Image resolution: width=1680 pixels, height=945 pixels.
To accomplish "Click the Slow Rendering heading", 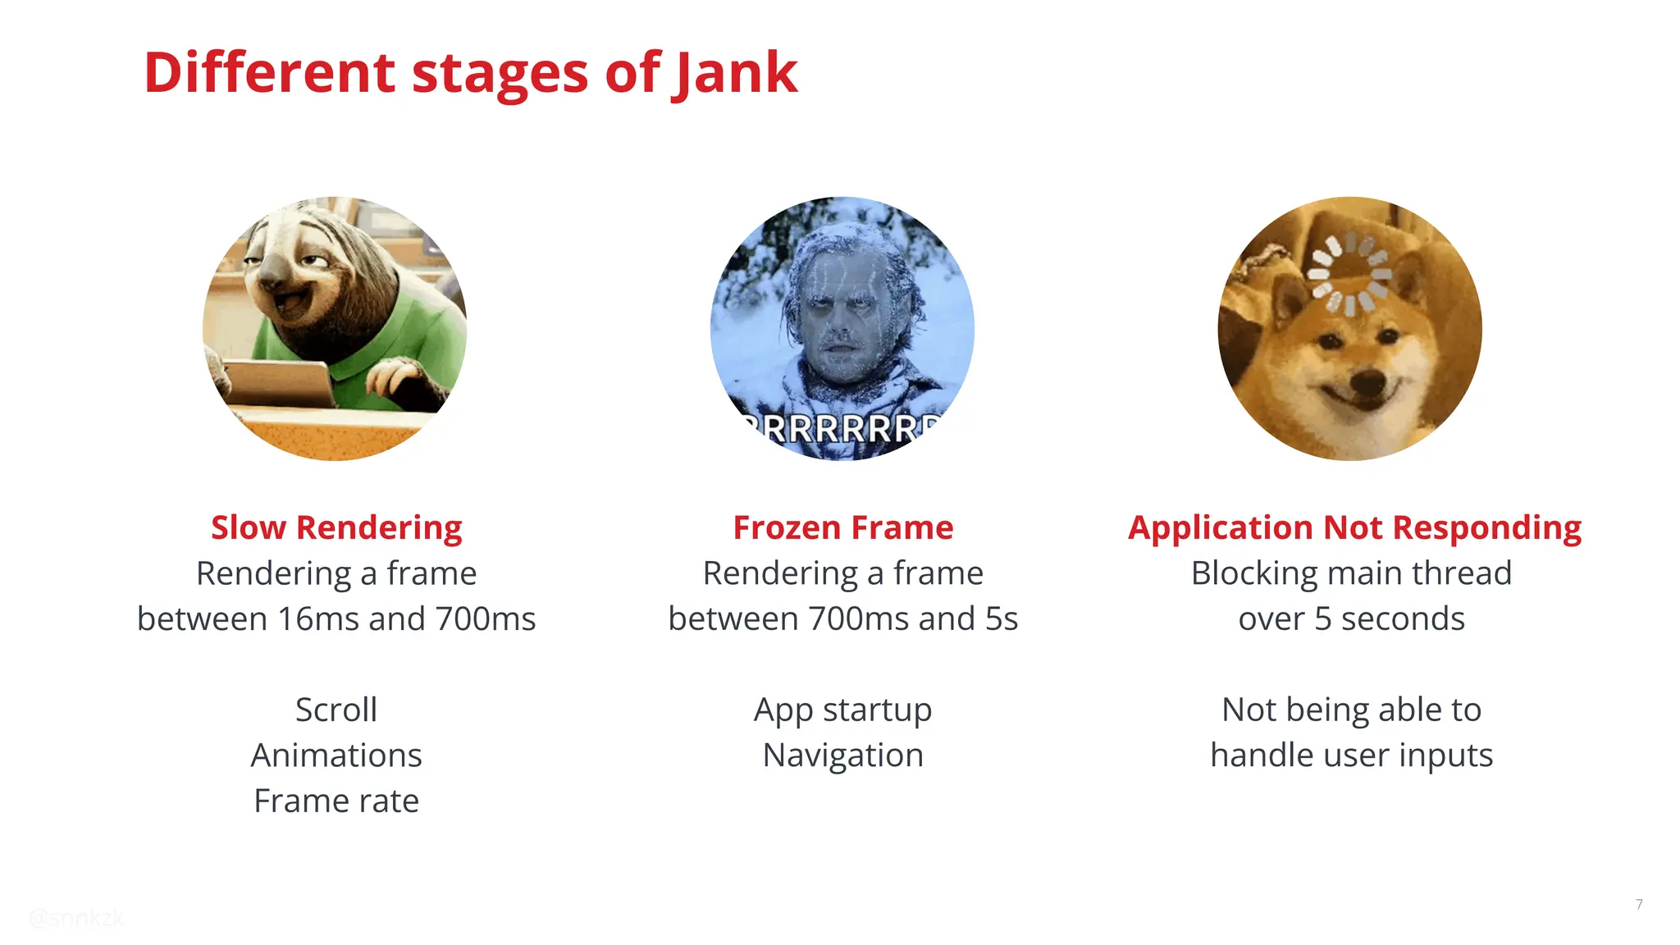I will [x=336, y=527].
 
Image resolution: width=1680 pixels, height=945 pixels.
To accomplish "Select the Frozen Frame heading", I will [x=842, y=527].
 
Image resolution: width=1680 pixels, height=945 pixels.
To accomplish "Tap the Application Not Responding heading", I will [x=1354, y=527].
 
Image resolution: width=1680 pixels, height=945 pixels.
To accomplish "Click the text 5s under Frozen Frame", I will [x=1001, y=619].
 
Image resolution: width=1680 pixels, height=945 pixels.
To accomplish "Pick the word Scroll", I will [x=336, y=710].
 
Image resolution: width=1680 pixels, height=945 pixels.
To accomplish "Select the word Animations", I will [x=336, y=756].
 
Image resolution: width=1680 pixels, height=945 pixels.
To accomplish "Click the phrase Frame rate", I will [x=336, y=801].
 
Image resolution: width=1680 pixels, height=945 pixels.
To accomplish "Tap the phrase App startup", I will [x=842, y=710].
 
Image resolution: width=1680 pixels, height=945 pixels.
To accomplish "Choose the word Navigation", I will [x=842, y=756].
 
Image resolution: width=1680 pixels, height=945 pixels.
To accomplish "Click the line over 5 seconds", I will [x=1351, y=619].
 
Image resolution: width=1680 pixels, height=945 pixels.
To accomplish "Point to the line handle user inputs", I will [x=1351, y=756].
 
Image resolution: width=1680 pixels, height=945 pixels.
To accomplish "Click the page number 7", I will [x=1639, y=904].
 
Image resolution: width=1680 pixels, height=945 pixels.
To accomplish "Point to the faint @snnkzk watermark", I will [x=76, y=918].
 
